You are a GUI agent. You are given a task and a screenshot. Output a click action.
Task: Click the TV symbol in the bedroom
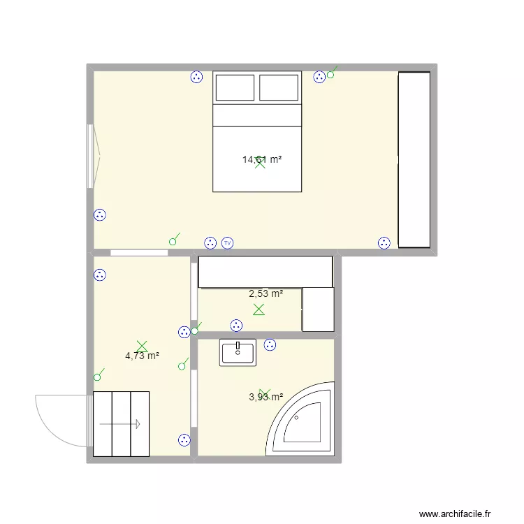pyautogui.click(x=227, y=243)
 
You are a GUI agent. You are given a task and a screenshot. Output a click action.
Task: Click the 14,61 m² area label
pyautogui.click(x=262, y=160)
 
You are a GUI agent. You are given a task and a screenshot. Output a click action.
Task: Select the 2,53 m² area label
pyautogui.click(x=265, y=294)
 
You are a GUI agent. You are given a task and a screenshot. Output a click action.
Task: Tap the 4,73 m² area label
pyautogui.click(x=142, y=356)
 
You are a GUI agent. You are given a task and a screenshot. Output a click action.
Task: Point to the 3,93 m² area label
pyautogui.click(x=265, y=398)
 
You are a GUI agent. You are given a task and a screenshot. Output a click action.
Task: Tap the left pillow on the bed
pyautogui.click(x=235, y=88)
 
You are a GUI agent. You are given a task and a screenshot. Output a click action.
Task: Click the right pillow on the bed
pyautogui.click(x=279, y=88)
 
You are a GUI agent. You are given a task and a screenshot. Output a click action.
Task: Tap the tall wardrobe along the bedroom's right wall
pyautogui.click(x=414, y=159)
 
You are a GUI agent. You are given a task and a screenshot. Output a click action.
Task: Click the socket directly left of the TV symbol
pyautogui.click(x=210, y=243)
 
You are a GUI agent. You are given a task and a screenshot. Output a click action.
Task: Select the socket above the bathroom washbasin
pyautogui.click(x=270, y=344)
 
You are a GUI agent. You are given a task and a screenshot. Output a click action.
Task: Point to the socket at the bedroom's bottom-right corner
pyautogui.click(x=384, y=243)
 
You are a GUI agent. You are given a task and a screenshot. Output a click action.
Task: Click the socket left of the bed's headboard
pyautogui.click(x=196, y=77)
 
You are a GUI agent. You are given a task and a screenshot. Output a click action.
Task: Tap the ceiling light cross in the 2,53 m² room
pyautogui.click(x=259, y=309)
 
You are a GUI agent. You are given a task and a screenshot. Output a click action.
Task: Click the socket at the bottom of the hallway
pyautogui.click(x=184, y=439)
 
